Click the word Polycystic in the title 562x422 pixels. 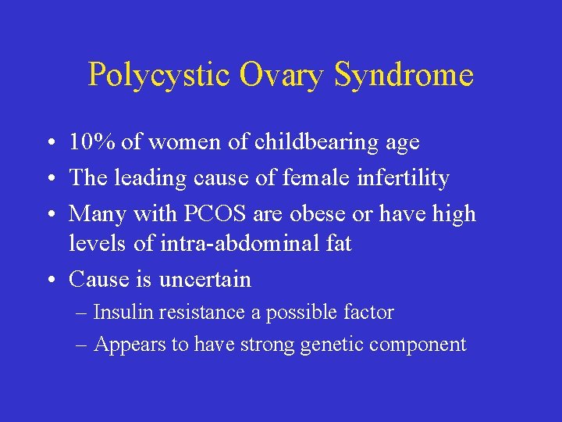pos(158,75)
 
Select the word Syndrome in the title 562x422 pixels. pos(404,75)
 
